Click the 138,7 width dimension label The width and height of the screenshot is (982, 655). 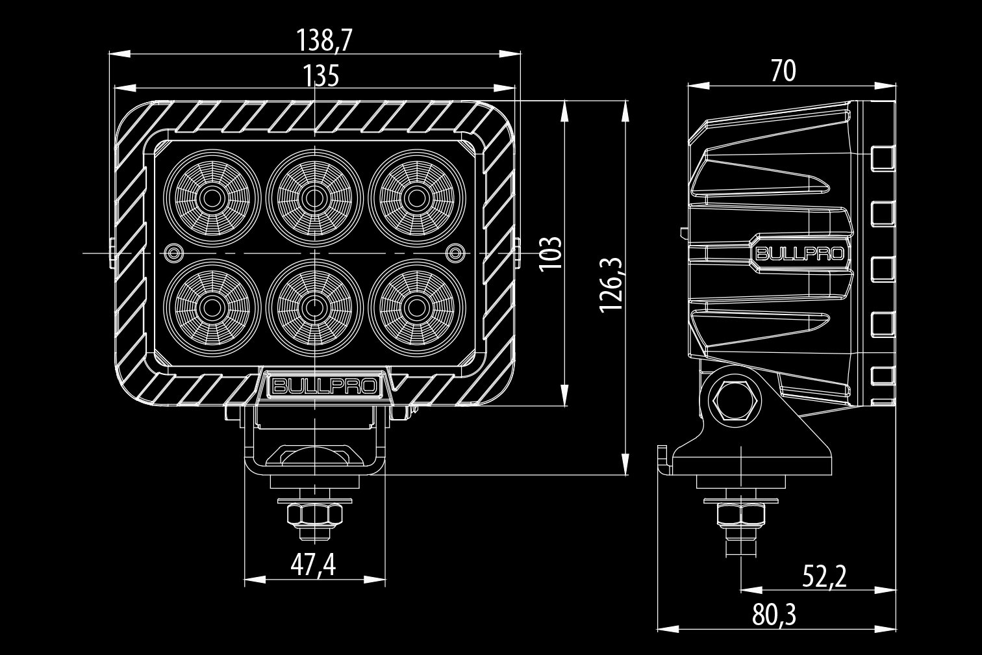point(324,41)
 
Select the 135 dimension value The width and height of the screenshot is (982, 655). point(321,77)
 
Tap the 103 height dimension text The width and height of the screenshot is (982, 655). point(550,253)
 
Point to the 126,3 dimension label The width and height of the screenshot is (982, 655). point(611,284)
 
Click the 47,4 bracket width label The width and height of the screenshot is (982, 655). point(313,565)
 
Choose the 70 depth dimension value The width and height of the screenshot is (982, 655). point(783,71)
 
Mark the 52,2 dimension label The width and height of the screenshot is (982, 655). point(824,576)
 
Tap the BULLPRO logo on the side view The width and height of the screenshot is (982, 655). point(799,253)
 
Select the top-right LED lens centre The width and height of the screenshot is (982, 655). point(416,196)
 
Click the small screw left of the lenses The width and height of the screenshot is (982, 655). point(173,251)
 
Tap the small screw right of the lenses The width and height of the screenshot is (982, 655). point(457,251)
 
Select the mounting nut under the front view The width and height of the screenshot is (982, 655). point(314,515)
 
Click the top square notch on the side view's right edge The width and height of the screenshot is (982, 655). point(882,157)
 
